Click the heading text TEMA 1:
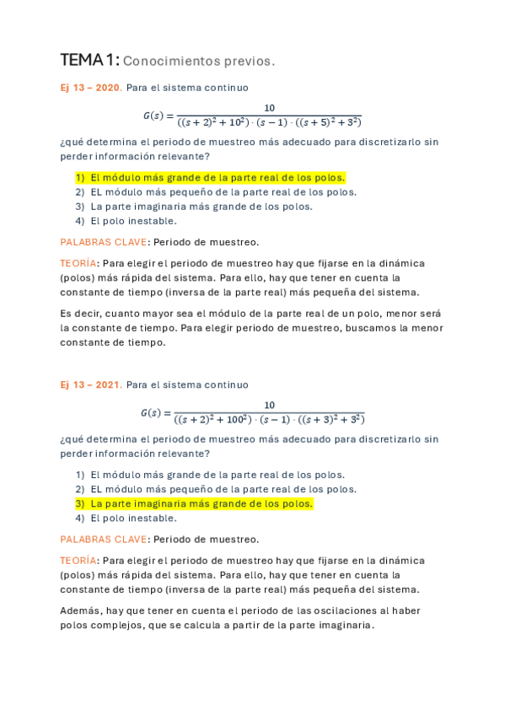pos(89,60)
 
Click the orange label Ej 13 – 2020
pos(90,88)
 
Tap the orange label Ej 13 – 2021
pos(90,384)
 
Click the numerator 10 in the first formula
pos(269,107)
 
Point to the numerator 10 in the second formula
pos(269,405)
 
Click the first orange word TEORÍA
pos(78,263)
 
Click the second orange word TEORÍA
pos(78,560)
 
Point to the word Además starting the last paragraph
pos(79,610)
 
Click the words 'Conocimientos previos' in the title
pos(198,61)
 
